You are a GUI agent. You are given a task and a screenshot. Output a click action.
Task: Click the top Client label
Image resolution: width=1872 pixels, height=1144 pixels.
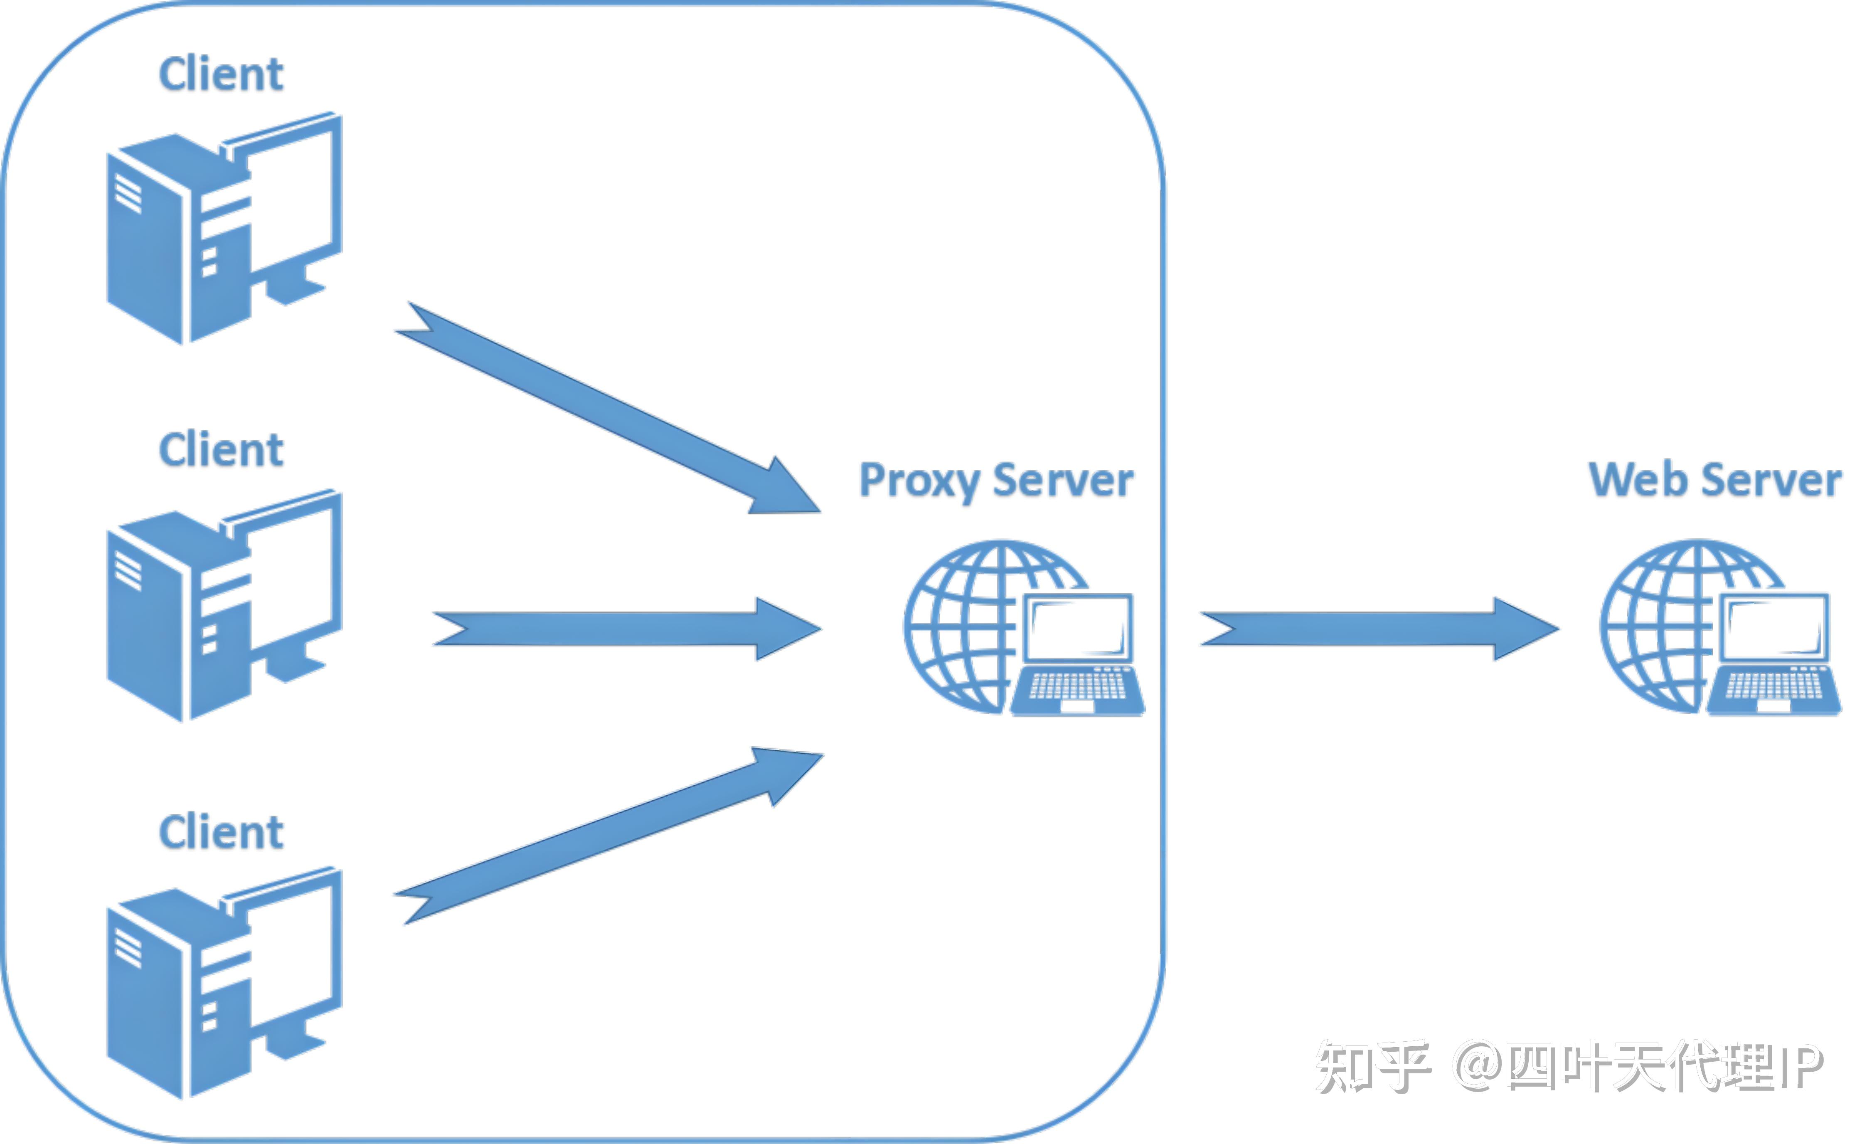tap(221, 74)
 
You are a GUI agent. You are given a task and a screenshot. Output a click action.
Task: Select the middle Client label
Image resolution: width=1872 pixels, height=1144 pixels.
tap(221, 450)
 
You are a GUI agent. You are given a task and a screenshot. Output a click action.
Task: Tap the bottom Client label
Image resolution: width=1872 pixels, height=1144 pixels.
tap(221, 832)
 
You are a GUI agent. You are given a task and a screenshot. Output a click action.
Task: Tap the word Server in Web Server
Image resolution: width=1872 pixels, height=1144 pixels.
tap(1772, 481)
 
